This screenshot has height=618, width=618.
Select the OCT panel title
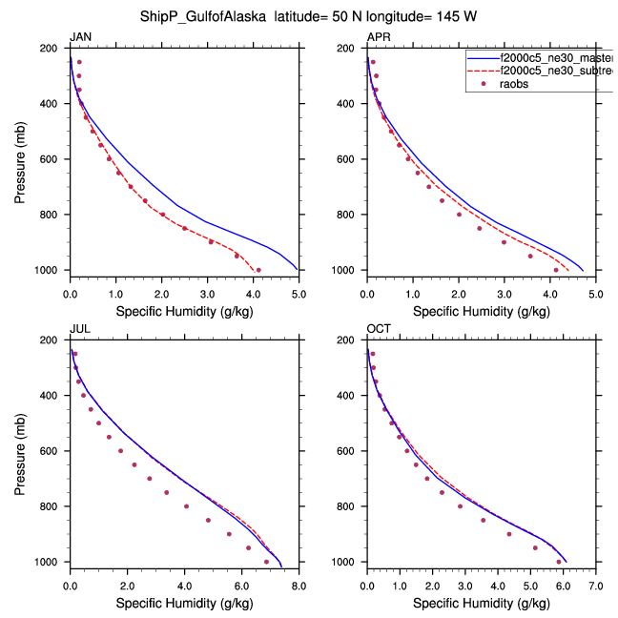click(379, 329)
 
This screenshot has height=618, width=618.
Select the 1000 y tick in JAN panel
click(51, 271)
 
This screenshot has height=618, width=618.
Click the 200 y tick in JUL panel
click(53, 340)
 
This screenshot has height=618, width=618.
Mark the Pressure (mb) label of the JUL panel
click(21, 450)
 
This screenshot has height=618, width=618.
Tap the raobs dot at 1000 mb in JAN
click(258, 270)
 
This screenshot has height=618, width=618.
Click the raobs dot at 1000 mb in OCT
click(558, 562)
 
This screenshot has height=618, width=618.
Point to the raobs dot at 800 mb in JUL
click(186, 506)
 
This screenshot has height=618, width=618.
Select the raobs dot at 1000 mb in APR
click(556, 270)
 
